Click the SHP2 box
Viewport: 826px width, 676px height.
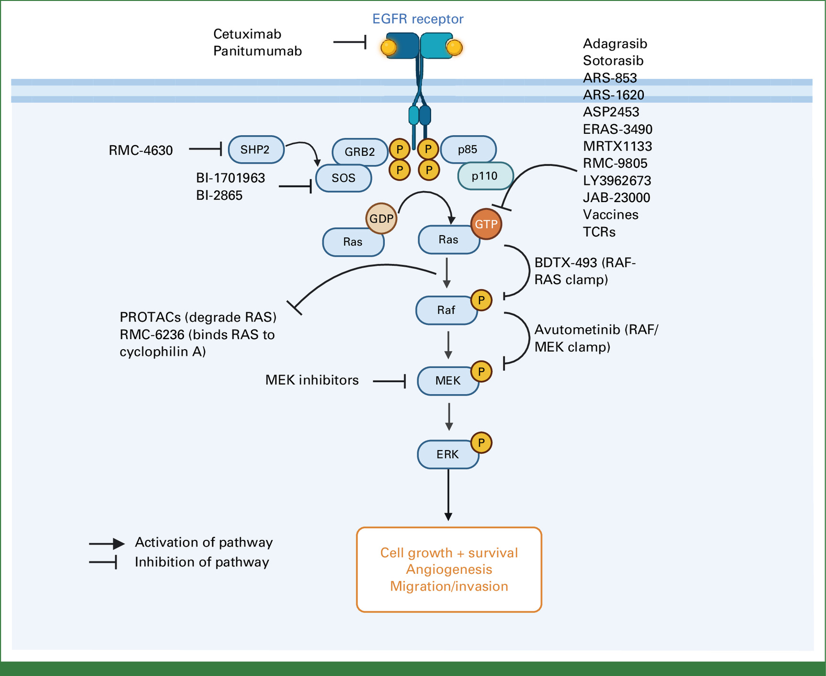[256, 150]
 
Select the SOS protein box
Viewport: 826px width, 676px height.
[344, 178]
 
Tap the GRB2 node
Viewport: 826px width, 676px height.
[359, 152]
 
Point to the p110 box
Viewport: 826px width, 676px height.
[485, 176]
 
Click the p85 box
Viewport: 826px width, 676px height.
[468, 150]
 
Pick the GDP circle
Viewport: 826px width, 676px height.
[381, 219]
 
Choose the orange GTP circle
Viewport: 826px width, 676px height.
[486, 224]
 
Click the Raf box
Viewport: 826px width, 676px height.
[446, 311]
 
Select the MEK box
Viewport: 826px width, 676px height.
[448, 381]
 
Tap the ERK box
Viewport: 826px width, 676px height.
[448, 454]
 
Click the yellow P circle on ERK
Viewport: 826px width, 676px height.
[481, 443]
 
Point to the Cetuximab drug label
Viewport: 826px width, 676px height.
[247, 34]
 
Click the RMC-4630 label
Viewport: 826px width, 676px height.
[141, 150]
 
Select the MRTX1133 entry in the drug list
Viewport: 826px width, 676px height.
[618, 146]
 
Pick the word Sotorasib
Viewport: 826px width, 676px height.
[613, 61]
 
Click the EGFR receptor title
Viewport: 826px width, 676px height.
[418, 19]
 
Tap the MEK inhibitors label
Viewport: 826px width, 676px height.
[312, 380]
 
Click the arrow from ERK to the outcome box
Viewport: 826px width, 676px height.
[448, 494]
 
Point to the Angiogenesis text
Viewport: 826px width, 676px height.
[449, 569]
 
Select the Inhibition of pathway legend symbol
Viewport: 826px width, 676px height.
[103, 562]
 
